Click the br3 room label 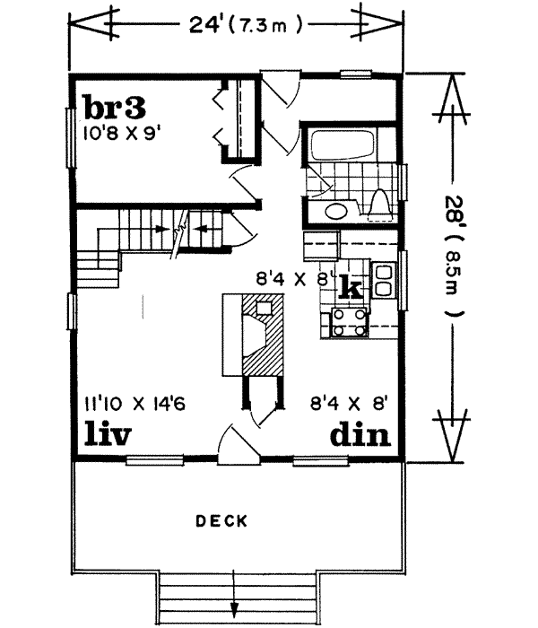[115, 108]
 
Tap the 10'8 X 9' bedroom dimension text [119, 133]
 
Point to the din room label [360, 433]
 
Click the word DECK [221, 521]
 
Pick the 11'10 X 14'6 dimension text [134, 404]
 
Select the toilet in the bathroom [379, 205]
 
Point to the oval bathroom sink [336, 211]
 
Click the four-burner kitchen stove [350, 322]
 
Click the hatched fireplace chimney [262, 334]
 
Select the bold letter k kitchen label [351, 287]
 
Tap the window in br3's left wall [71, 138]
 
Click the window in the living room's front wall [155, 460]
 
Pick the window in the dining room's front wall [321, 461]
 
